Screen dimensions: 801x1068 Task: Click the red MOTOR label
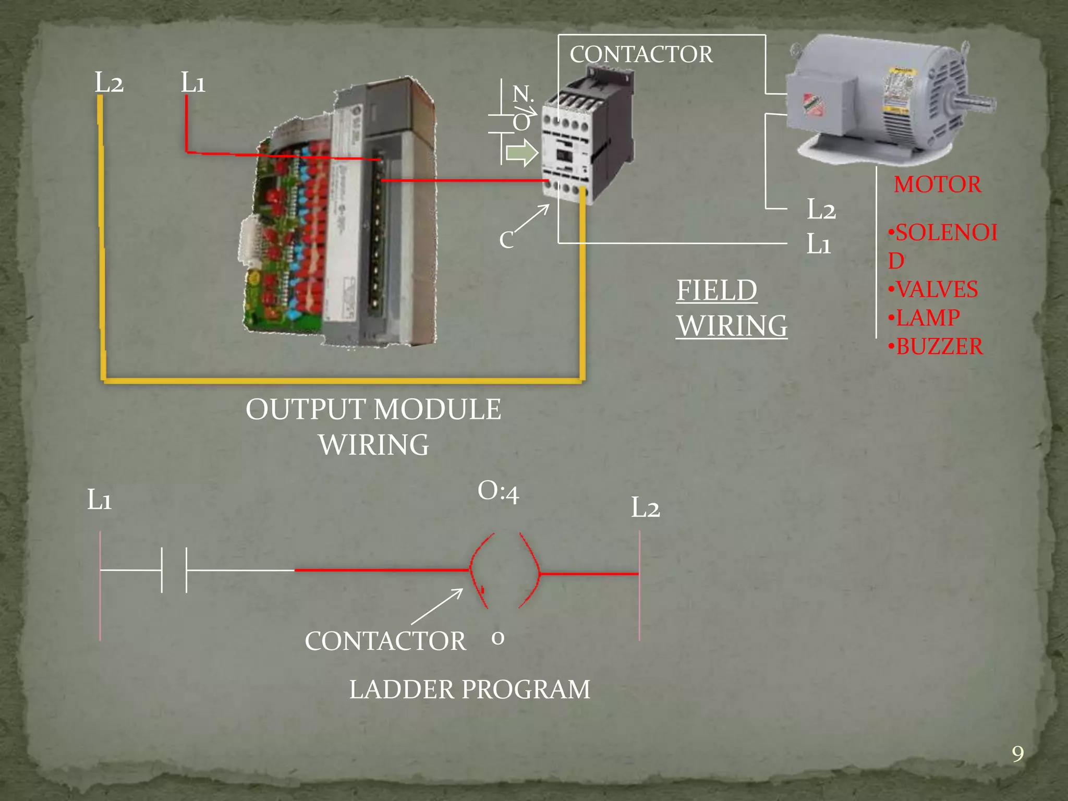(937, 185)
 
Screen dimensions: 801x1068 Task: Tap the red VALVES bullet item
(933, 289)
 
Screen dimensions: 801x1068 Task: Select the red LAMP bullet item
(925, 318)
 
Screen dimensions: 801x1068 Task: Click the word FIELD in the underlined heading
(717, 290)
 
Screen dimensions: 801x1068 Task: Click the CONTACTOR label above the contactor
(641, 54)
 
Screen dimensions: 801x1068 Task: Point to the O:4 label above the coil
(498, 492)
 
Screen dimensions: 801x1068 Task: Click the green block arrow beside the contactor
(522, 153)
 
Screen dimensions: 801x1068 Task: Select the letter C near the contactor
(506, 240)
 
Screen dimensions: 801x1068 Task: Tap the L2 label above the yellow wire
(109, 82)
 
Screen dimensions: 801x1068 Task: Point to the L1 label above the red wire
(193, 82)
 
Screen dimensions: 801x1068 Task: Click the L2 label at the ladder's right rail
(645, 507)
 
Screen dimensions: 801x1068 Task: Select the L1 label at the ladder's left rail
(99, 500)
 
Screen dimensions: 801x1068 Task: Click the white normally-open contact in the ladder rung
(174, 570)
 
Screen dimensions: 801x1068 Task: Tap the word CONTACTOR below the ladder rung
(385, 641)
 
